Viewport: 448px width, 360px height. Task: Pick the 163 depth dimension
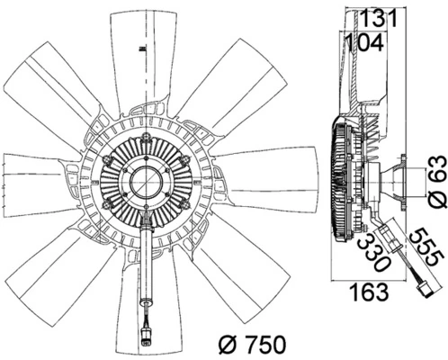tap(369, 292)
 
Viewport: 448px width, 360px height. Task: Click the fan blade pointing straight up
tap(143, 54)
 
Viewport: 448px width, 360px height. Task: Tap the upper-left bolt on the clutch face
tap(109, 160)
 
